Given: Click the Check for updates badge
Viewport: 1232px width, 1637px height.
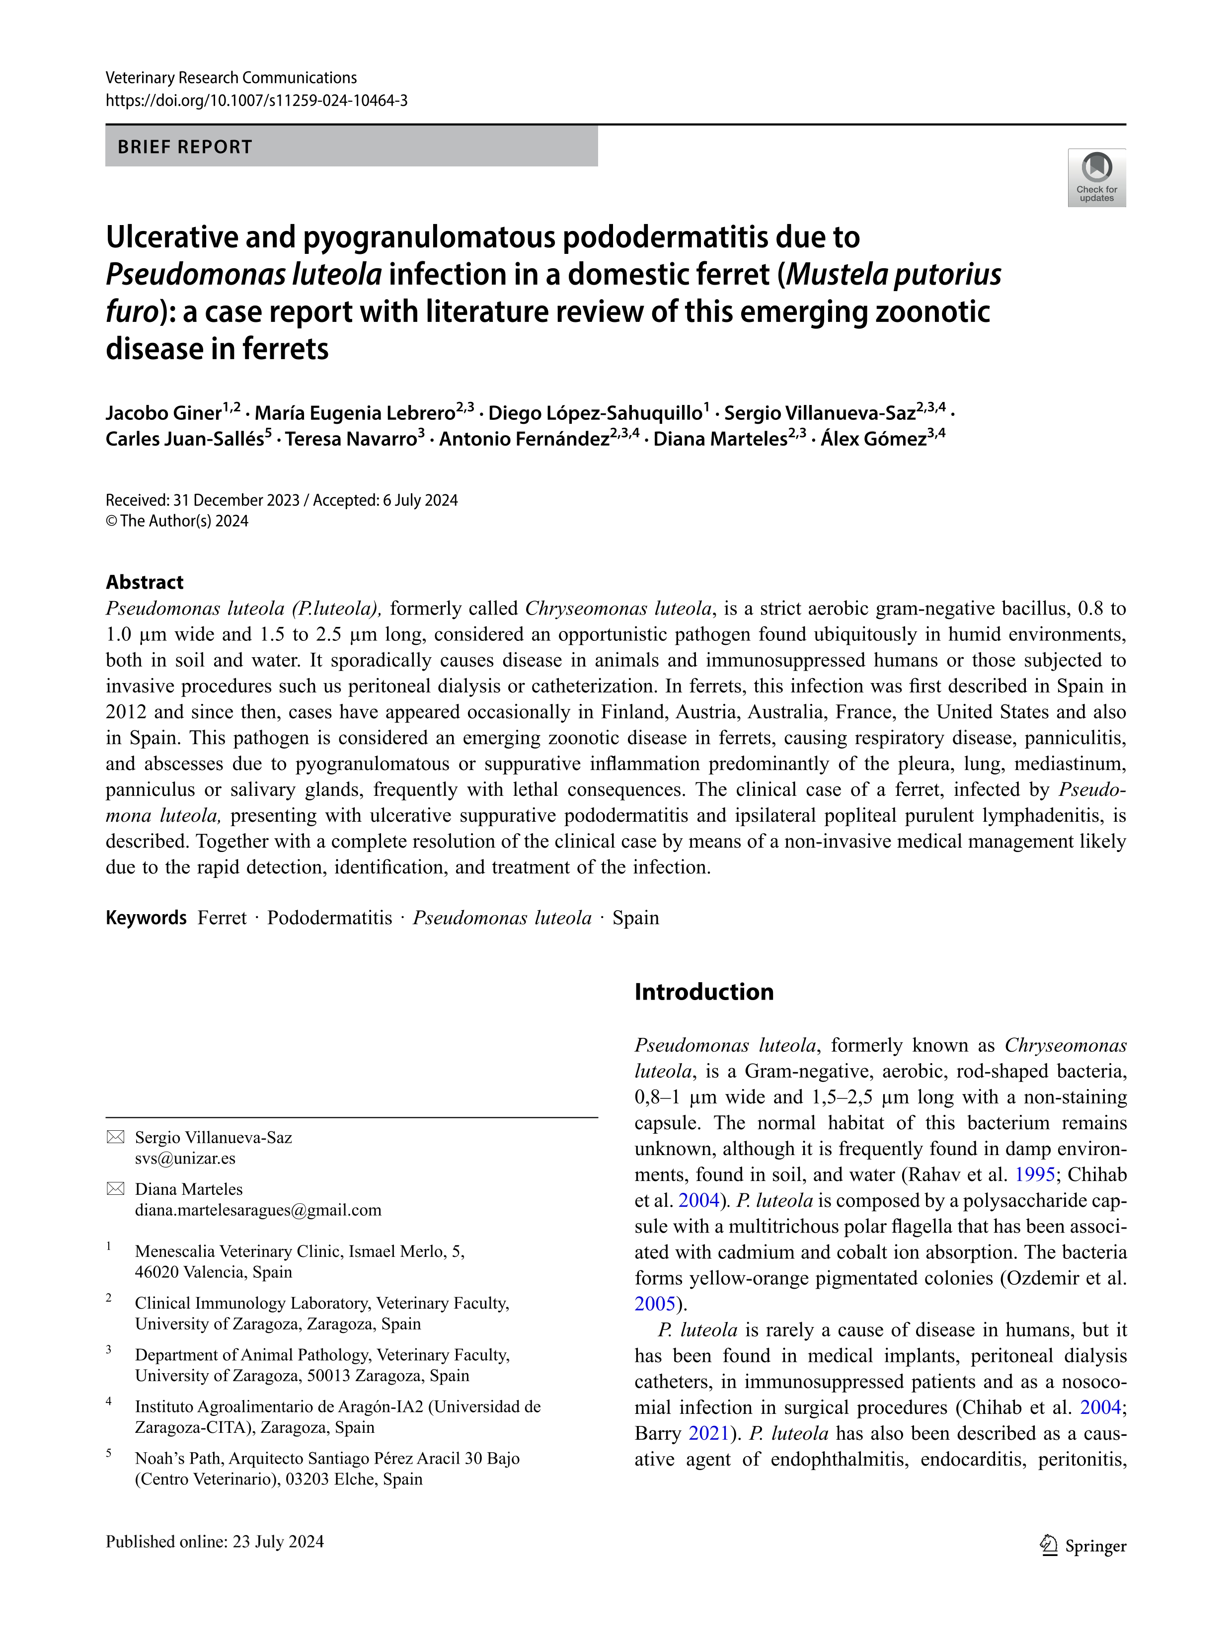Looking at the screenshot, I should point(1096,178).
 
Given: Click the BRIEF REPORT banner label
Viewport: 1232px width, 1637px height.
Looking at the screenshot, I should point(185,147).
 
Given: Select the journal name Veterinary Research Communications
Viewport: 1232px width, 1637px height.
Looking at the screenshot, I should point(231,78).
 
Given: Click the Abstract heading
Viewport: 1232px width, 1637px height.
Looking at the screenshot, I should point(144,582).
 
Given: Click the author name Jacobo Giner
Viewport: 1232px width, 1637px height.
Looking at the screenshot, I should point(163,413).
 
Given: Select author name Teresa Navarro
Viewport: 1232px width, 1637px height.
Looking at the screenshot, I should point(351,440).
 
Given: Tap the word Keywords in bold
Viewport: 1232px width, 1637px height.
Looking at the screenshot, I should point(146,918).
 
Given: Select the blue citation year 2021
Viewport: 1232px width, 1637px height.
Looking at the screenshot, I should point(708,1433).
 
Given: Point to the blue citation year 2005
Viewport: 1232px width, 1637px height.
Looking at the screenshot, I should point(655,1304).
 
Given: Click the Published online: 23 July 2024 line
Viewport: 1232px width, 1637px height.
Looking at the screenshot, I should point(215,1542).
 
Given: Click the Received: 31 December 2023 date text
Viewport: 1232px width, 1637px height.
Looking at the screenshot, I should point(202,500).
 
